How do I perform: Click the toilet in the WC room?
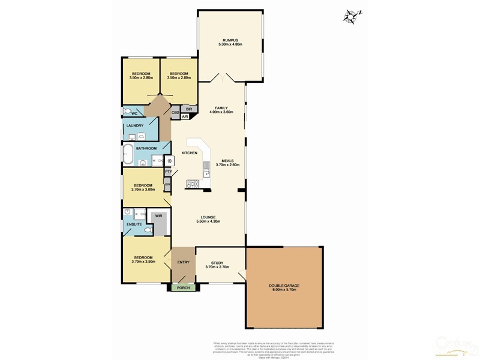click(128, 112)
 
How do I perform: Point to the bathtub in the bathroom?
click(128, 154)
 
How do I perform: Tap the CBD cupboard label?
click(176, 112)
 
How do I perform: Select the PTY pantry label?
click(169, 172)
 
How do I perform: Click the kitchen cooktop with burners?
click(194, 184)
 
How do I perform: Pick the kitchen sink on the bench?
click(206, 169)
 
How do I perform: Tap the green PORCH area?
click(182, 288)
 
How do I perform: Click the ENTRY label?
click(184, 262)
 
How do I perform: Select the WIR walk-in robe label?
click(158, 215)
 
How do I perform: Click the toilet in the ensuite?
click(148, 229)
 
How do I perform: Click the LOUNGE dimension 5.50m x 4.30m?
click(208, 221)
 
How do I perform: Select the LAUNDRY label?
click(134, 125)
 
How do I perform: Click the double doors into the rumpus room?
click(222, 78)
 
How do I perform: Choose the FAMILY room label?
click(221, 108)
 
